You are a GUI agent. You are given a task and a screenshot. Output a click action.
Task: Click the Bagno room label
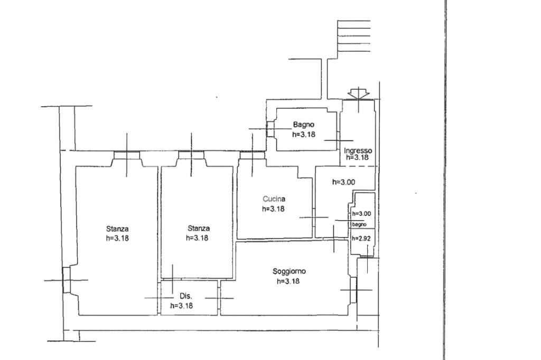point(304,125)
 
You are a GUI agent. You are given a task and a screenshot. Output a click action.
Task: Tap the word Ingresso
point(358,150)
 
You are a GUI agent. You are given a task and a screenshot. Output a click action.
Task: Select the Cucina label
point(274,199)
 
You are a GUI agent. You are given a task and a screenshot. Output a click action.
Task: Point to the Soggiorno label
point(289,271)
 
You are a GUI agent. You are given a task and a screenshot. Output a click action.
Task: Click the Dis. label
point(186,296)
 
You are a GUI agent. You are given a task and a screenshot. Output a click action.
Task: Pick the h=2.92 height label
point(361,238)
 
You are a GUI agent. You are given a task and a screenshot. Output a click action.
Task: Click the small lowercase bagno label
point(359,224)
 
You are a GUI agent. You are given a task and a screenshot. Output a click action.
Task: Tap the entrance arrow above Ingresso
point(359,94)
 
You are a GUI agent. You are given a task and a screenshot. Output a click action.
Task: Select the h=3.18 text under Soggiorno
point(288,281)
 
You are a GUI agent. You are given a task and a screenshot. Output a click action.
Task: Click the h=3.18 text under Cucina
point(273,209)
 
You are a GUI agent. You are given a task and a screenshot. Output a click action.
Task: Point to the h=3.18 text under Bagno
point(304,135)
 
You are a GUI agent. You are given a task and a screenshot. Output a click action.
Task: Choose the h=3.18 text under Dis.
point(182,306)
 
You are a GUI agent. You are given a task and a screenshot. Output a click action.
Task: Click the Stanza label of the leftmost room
point(117,229)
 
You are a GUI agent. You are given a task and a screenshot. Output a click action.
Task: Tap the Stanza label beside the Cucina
point(199,228)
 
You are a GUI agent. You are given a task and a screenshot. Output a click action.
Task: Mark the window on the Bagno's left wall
point(270,129)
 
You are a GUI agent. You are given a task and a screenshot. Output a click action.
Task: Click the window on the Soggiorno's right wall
point(353,290)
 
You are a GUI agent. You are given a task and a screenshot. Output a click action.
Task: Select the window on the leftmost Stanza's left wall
point(67,280)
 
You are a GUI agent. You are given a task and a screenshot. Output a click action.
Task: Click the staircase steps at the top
point(353,36)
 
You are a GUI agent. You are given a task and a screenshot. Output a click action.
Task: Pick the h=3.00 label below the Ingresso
point(343,182)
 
